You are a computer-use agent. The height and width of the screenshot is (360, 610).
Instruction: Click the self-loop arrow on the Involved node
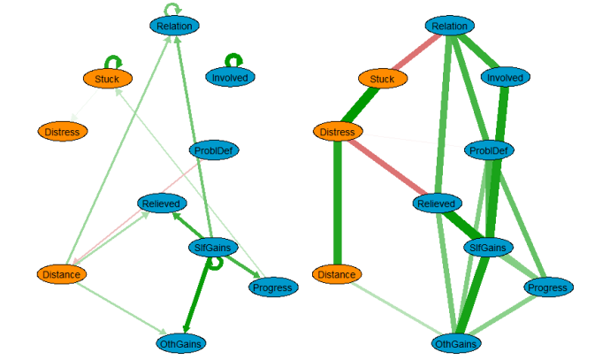pyautogui.click(x=233, y=59)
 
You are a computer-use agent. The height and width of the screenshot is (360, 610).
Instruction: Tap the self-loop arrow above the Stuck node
pyautogui.click(x=114, y=61)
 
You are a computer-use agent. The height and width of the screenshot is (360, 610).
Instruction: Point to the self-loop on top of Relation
pyautogui.click(x=172, y=8)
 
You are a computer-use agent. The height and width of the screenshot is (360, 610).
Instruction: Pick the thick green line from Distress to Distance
pyautogui.click(x=336, y=203)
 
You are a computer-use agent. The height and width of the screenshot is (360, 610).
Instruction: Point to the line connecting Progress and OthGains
pyautogui.click(x=513, y=314)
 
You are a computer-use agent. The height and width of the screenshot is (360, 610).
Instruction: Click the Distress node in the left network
pyautogui.click(x=62, y=132)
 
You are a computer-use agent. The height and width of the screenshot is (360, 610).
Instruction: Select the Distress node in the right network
pyautogui.click(x=338, y=132)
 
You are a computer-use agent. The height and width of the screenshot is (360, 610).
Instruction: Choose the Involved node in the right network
pyautogui.click(x=506, y=78)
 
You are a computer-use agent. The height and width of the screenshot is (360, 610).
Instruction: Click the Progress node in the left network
pyautogui.click(x=272, y=287)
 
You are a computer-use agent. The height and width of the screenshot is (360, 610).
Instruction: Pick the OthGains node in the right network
pyautogui.click(x=458, y=342)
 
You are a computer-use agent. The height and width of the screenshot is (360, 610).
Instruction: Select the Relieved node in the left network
pyautogui.click(x=162, y=204)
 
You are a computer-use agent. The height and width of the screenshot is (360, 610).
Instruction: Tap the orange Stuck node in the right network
pyautogui.click(x=382, y=79)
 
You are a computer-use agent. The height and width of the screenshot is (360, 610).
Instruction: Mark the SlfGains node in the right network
pyautogui.click(x=488, y=247)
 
